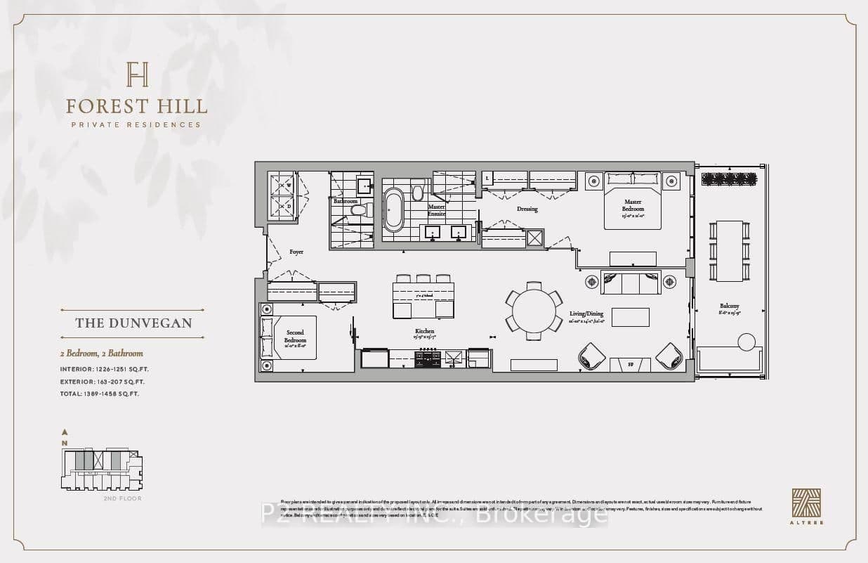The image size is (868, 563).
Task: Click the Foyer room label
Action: tap(296, 252)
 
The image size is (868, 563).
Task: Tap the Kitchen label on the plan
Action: tap(424, 331)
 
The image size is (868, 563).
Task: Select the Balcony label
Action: tap(729, 306)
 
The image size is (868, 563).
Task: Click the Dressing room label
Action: tap(527, 209)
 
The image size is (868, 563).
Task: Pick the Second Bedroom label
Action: tap(295, 336)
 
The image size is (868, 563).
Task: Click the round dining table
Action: tap(534, 310)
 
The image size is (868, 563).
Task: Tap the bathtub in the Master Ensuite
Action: tap(394, 209)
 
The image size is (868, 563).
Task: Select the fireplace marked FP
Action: tap(630, 365)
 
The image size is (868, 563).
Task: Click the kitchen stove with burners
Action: tap(428, 359)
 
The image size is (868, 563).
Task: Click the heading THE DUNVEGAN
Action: tap(133, 323)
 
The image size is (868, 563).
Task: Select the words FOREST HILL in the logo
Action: tap(137, 107)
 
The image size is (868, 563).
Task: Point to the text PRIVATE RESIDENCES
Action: tap(137, 125)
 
